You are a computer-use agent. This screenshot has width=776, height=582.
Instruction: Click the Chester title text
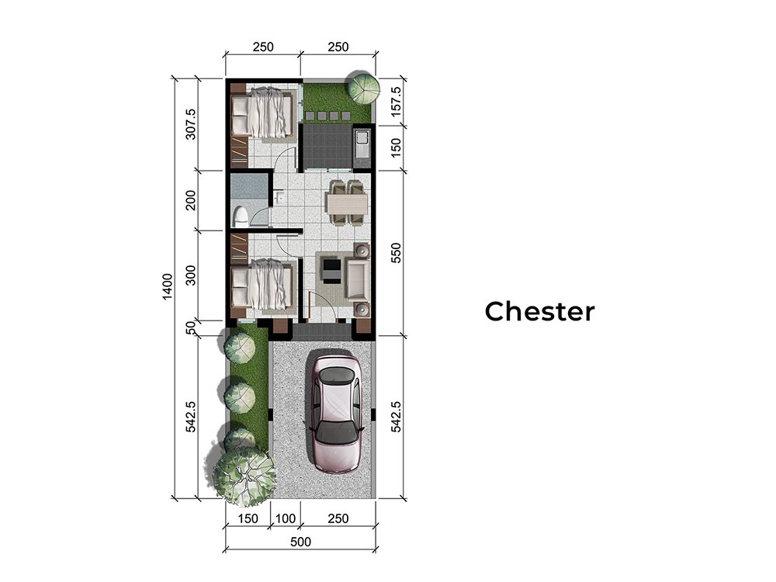539,311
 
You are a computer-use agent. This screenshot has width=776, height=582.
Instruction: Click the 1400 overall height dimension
168,286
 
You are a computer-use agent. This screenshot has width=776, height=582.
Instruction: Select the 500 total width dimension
300,542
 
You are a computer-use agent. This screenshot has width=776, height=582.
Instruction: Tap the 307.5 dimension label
191,124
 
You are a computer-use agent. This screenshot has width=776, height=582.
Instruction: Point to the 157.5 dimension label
396,102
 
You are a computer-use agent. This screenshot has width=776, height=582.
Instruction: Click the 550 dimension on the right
396,253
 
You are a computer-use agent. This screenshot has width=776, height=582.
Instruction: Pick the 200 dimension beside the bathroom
191,200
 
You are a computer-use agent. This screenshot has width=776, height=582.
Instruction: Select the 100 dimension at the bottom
286,518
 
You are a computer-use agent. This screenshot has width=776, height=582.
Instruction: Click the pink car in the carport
336,414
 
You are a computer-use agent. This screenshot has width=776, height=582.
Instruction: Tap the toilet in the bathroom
240,217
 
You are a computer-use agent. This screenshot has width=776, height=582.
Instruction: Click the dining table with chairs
346,203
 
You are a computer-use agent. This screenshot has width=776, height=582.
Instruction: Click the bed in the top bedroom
262,113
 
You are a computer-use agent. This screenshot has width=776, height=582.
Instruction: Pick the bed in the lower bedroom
262,286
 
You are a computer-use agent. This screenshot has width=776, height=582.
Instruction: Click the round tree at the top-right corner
363,88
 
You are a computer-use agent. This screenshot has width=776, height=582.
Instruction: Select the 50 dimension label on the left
191,327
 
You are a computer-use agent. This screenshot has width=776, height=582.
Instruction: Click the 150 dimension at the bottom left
248,518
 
